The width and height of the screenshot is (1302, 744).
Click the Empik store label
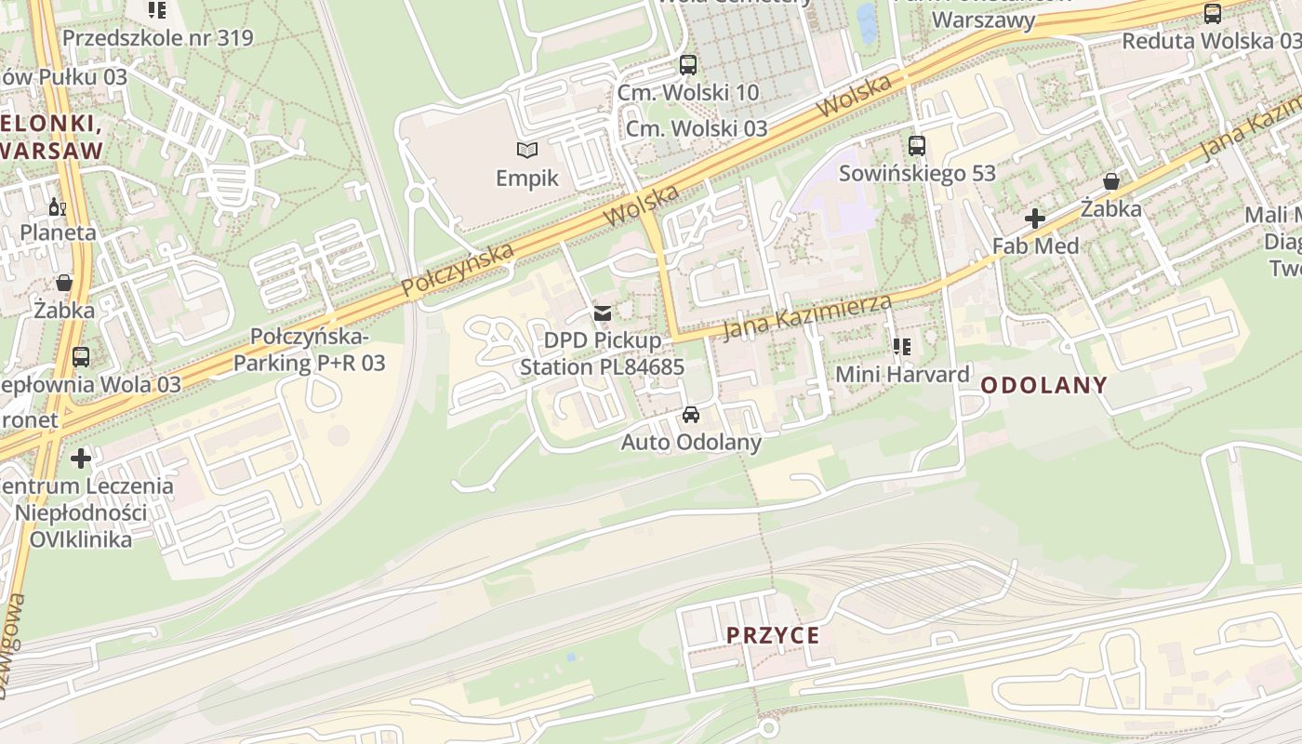(526, 177)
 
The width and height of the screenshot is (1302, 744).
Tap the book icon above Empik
(527, 149)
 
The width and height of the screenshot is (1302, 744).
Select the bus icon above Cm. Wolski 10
(687, 65)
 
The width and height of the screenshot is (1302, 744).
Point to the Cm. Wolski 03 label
(697, 128)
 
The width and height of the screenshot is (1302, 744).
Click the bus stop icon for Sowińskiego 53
(917, 145)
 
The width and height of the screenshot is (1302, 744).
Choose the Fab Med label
(1035, 246)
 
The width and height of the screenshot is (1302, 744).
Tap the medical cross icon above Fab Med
(1034, 219)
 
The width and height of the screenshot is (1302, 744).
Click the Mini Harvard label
(902, 375)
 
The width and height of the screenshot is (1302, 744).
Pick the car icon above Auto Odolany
(691, 415)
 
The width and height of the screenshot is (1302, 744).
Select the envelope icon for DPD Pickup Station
(603, 313)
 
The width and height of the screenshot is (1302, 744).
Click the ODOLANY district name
(1043, 385)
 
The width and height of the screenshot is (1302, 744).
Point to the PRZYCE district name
(773, 636)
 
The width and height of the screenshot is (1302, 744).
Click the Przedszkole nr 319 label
(157, 38)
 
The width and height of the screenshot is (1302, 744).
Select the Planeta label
(58, 232)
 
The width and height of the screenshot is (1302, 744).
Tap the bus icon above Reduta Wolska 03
(1212, 14)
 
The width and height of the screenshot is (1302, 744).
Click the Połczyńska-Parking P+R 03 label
(309, 350)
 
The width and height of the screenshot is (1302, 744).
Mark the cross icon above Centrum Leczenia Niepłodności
(81, 458)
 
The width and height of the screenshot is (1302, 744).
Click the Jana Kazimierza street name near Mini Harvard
(807, 316)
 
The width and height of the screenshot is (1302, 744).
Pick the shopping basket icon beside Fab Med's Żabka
(1110, 181)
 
